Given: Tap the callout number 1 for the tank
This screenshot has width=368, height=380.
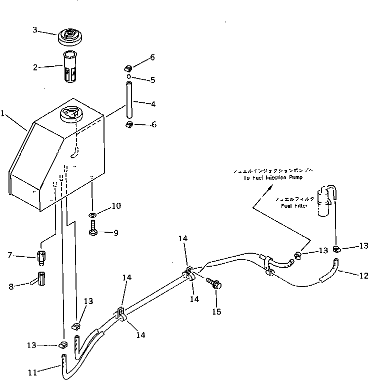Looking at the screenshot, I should (x=3, y=114).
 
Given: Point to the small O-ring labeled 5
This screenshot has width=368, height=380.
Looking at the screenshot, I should (x=128, y=77).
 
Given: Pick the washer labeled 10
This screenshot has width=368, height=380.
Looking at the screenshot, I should (x=93, y=215).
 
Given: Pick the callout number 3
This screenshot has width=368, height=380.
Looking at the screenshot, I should (x=35, y=30).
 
